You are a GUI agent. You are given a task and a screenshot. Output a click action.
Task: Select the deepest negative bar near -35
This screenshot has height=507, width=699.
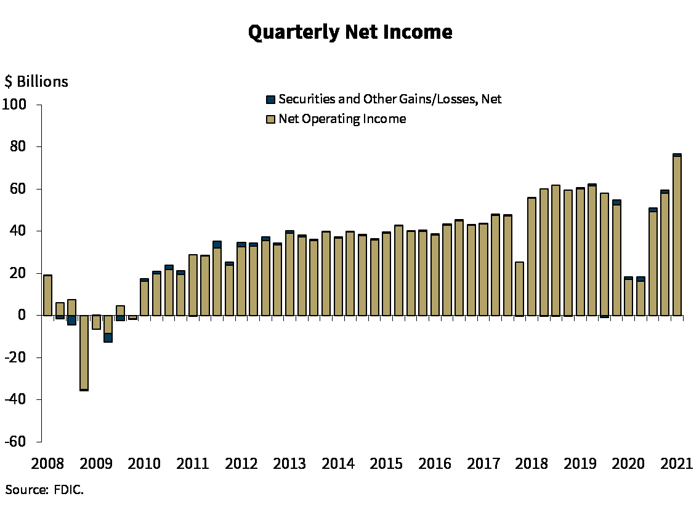coord(84,351)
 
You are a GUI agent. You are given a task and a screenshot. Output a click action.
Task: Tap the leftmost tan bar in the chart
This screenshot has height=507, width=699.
coord(48,295)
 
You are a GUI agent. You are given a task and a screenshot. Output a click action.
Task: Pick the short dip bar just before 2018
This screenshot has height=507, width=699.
coord(519,289)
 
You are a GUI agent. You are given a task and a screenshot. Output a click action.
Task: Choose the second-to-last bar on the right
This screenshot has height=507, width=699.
coord(665,254)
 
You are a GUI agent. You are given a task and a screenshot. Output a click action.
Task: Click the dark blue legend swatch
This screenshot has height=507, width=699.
coord(270,99)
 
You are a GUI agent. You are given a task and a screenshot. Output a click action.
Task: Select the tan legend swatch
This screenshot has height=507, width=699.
coord(270,119)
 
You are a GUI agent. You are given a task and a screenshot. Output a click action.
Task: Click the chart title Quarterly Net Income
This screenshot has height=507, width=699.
coord(351,33)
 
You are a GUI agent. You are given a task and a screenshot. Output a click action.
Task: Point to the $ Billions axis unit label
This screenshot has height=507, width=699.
coord(37,82)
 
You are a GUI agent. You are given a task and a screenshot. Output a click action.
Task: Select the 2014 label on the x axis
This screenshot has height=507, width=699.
coord(338,463)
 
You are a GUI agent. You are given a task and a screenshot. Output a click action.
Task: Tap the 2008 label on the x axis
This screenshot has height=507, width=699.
coord(48,463)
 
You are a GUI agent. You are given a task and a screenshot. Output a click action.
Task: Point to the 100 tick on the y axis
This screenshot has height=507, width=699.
coord(17,103)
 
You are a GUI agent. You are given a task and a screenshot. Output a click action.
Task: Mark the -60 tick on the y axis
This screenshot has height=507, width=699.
coord(17,441)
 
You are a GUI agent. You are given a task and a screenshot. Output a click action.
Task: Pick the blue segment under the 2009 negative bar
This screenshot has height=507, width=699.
coord(108,337)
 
